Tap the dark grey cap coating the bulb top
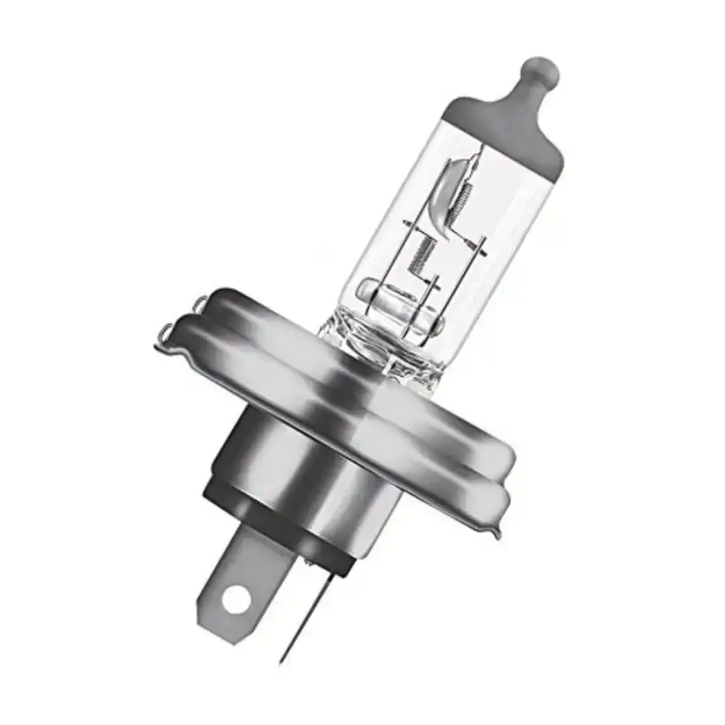coord(507,127)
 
